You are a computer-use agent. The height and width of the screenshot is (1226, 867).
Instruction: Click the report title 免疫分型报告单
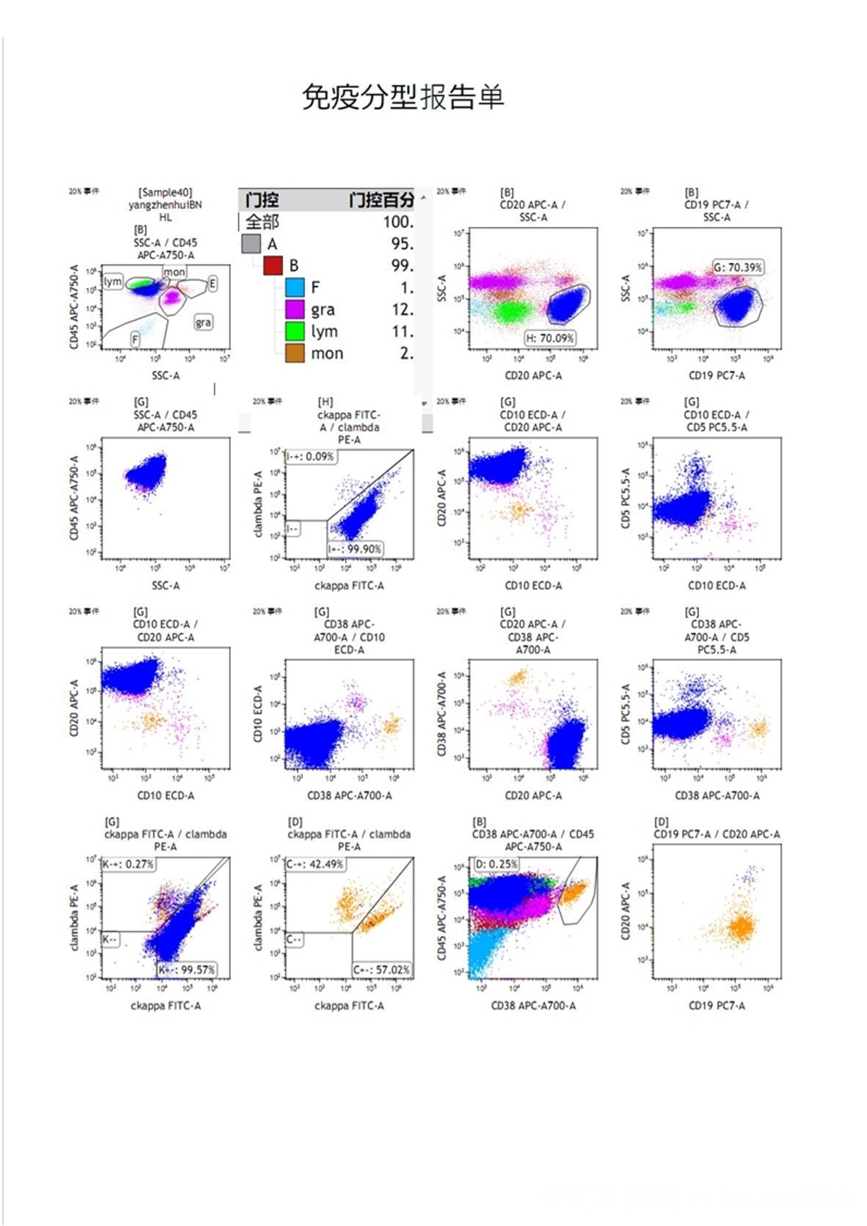click(403, 97)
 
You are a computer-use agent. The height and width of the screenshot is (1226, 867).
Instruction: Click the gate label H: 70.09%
click(550, 338)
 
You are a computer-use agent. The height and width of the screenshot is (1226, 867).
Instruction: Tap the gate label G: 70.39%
click(737, 267)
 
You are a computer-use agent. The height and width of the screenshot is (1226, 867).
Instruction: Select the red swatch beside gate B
click(273, 266)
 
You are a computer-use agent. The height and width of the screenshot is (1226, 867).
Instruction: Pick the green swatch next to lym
click(295, 331)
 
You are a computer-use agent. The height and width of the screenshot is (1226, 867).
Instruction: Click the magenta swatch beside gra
click(295, 309)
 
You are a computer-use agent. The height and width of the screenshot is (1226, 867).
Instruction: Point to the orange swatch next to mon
click(295, 354)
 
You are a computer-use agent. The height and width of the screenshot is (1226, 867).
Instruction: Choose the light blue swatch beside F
click(295, 287)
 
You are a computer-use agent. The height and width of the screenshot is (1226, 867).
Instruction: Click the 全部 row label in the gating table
click(262, 222)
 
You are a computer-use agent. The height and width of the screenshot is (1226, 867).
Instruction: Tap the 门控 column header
click(262, 200)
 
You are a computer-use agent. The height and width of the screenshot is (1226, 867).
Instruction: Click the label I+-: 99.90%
click(355, 549)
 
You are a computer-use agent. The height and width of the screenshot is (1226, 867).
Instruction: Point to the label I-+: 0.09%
click(311, 456)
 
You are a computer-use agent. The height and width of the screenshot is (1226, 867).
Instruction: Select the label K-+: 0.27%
click(128, 864)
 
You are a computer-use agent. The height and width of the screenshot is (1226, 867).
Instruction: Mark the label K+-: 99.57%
click(187, 969)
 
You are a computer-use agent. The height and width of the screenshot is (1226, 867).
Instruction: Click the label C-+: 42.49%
click(315, 864)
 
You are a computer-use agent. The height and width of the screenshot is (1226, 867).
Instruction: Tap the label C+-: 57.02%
click(381, 969)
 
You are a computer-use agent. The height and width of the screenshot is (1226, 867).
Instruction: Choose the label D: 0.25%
click(496, 864)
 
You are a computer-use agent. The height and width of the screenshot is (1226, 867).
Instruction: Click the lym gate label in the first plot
click(113, 282)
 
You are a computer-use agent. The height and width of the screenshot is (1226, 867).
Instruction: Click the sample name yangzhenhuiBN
click(165, 204)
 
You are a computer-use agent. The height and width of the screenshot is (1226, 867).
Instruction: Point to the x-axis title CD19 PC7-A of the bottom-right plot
click(716, 1005)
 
